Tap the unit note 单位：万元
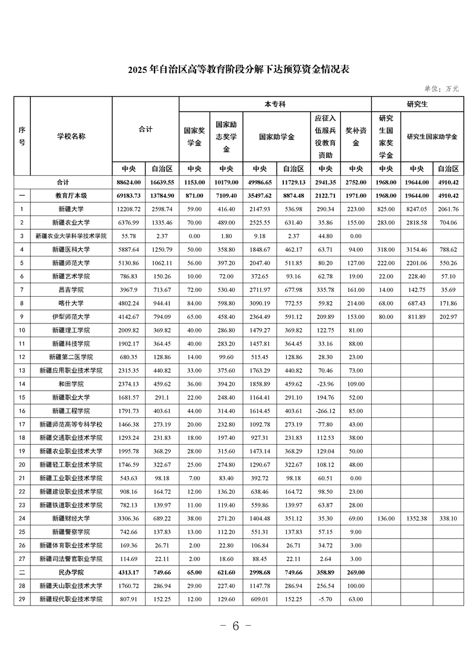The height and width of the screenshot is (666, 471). (x=441, y=89)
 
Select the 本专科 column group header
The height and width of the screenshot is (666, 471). (x=275, y=104)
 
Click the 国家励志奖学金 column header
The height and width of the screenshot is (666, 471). (x=226, y=137)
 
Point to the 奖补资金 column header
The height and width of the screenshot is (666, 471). (x=356, y=137)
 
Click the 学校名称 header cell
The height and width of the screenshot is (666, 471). (x=71, y=136)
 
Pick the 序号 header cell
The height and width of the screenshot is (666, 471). (x=22, y=136)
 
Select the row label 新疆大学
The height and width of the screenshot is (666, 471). (x=71, y=209)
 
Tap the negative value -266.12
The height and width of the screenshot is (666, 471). (x=325, y=410)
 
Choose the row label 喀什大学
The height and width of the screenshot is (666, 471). (x=71, y=303)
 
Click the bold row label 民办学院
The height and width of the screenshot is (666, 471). (x=71, y=572)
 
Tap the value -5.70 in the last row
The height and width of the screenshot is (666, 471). (x=325, y=599)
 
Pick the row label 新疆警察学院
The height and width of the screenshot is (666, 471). (x=71, y=532)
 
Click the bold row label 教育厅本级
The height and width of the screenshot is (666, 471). (x=71, y=195)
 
